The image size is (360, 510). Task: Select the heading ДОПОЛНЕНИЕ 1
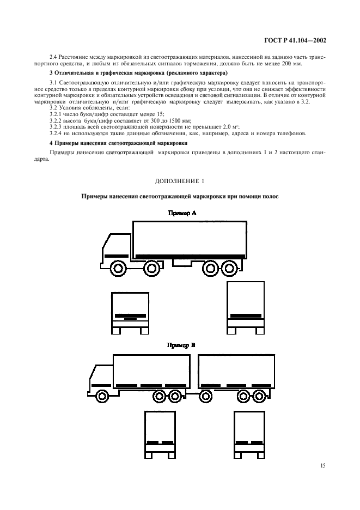(x=180, y=180)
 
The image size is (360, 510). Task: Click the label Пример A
(x=180, y=214)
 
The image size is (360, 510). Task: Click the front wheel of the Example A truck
(x=118, y=268)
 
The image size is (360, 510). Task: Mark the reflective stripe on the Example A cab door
(x=116, y=254)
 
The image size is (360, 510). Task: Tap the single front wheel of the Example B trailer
(x=206, y=396)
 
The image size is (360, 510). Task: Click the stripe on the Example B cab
(x=100, y=385)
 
